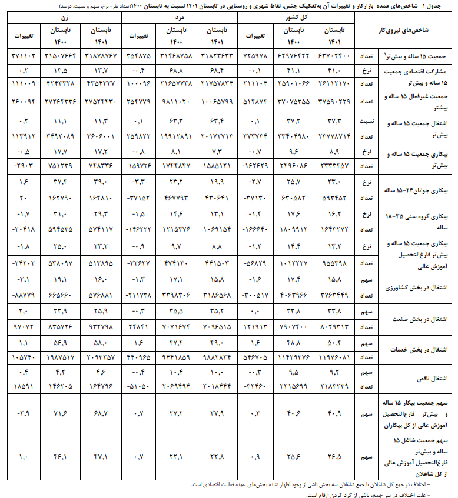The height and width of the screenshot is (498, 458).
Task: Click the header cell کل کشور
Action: click(x=300, y=19)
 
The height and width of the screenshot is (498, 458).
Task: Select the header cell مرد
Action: click(x=180, y=19)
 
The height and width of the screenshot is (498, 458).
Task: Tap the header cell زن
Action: click(x=65, y=19)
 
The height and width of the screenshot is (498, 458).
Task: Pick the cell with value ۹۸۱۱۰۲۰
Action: click(x=177, y=101)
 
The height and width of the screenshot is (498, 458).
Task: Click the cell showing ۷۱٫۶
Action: click(x=64, y=414)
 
